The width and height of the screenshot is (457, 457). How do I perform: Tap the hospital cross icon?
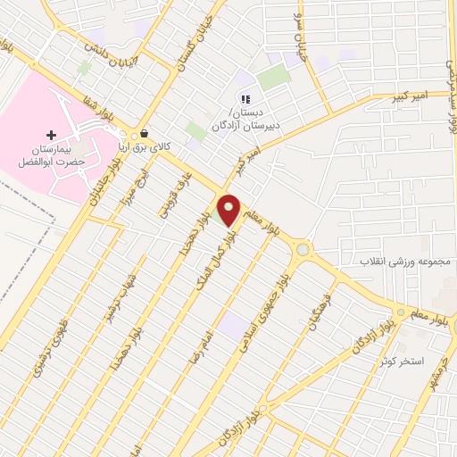[x=51, y=134]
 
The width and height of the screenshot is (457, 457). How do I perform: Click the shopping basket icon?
[x=145, y=135]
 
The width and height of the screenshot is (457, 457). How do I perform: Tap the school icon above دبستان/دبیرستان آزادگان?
[x=244, y=99]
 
